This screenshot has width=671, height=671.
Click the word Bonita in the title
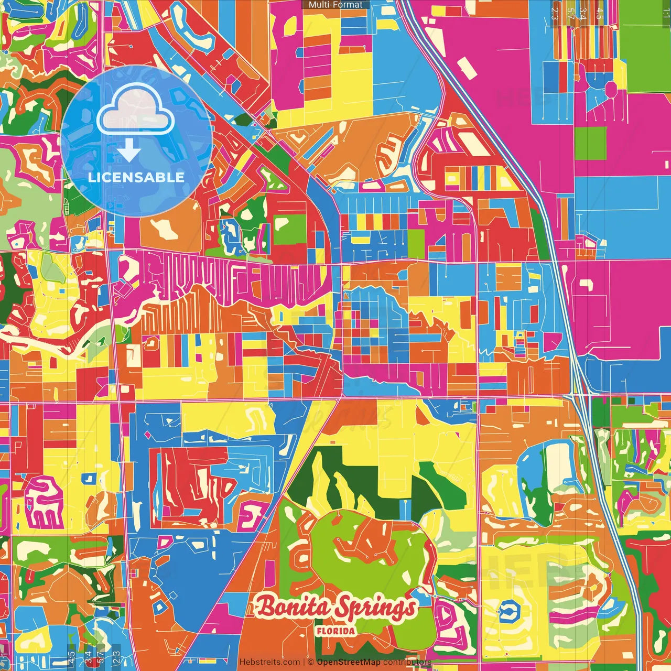(295, 607)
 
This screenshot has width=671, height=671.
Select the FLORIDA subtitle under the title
(335, 631)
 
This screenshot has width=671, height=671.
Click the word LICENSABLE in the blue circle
(136, 177)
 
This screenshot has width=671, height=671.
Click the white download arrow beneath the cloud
(129, 152)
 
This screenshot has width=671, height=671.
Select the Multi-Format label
(335, 5)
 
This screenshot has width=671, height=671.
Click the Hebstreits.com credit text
(269, 662)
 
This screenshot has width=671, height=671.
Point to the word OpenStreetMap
(349, 662)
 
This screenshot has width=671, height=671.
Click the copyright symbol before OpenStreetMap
(311, 662)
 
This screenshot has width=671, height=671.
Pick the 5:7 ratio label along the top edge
(571, 13)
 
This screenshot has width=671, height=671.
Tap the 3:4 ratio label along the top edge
(582, 13)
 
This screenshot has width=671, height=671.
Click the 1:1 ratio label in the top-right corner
(666, 13)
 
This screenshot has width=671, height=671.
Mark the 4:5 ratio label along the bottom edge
(71, 658)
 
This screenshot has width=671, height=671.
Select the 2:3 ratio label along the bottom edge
(116, 658)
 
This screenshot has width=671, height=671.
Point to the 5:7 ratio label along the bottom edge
(101, 658)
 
